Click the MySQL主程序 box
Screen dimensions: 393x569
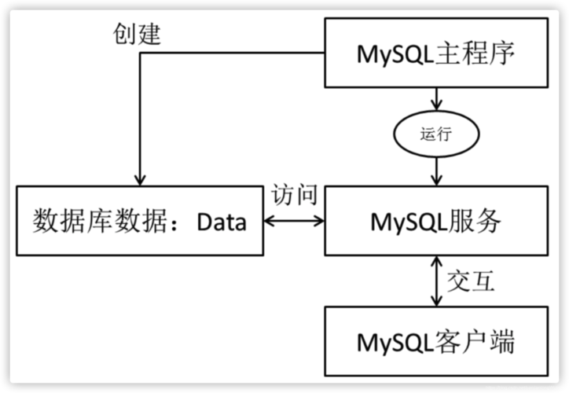point(436,53)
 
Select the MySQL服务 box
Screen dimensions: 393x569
point(436,222)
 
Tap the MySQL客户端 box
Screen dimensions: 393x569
point(436,340)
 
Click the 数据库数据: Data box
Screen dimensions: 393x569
point(139,222)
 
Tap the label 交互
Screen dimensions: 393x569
point(470,281)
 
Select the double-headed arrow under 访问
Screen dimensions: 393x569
point(294,222)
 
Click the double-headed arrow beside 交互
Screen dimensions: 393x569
point(436,281)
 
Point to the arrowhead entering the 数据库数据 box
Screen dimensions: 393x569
point(139,180)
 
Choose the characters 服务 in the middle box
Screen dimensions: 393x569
point(477,222)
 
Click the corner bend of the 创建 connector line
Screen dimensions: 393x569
point(139,54)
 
